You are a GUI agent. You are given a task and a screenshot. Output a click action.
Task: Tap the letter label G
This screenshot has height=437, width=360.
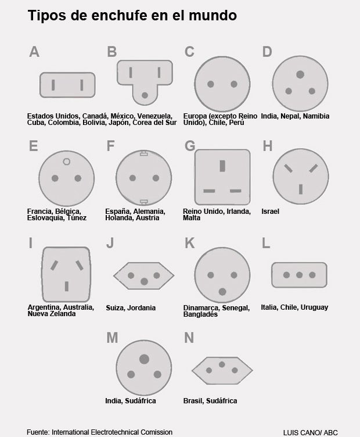pyautogui.click(x=190, y=146)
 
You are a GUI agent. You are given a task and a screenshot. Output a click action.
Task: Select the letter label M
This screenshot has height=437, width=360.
pyautogui.click(x=112, y=338)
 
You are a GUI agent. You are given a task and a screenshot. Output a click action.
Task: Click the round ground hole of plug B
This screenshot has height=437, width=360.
pyautogui.click(x=145, y=95)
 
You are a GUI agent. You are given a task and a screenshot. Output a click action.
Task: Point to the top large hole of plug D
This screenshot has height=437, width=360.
pyautogui.click(x=300, y=74)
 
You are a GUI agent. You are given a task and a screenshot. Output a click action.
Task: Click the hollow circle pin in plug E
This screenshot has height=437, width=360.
pyautogui.click(x=67, y=162)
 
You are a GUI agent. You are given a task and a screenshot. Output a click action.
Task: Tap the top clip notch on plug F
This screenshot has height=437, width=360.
pyautogui.click(x=143, y=153)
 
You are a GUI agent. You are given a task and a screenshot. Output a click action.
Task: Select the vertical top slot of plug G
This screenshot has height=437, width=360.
pyautogui.click(x=222, y=166)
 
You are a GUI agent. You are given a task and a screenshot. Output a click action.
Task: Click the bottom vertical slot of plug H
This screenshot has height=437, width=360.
pyautogui.click(x=301, y=189)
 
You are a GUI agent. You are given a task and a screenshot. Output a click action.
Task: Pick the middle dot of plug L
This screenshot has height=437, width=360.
pyautogui.click(x=299, y=275)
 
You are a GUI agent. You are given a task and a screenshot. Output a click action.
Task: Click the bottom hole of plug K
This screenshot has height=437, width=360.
pyautogui.click(x=222, y=292)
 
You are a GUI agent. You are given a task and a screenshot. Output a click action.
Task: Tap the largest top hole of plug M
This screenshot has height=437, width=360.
pyautogui.click(x=144, y=359)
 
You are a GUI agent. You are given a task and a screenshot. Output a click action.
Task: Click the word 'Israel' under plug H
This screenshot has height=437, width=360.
pyautogui.click(x=271, y=212)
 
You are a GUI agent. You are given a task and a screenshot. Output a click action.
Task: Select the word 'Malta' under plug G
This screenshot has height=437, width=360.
pyautogui.click(x=192, y=218)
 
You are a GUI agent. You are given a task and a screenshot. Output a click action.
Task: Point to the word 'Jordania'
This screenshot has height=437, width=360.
pyautogui.click(x=142, y=308)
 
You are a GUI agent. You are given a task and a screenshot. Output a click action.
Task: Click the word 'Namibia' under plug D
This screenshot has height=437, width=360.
pyautogui.click(x=316, y=116)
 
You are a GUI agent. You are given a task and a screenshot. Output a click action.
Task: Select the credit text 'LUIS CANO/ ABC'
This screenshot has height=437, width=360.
pyautogui.click(x=311, y=432)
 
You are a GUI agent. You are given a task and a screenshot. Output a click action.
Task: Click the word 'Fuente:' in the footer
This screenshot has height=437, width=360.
pyautogui.click(x=38, y=432)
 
